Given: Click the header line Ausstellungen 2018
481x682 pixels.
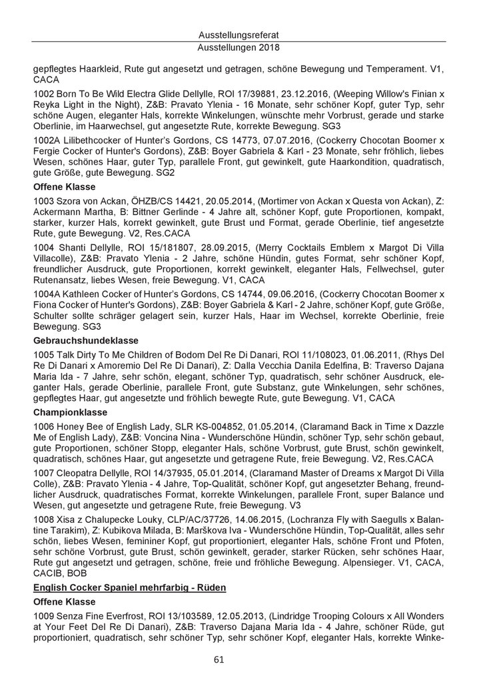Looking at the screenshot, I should point(240,48).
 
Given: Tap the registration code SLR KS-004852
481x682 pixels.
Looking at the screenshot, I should point(202,428).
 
